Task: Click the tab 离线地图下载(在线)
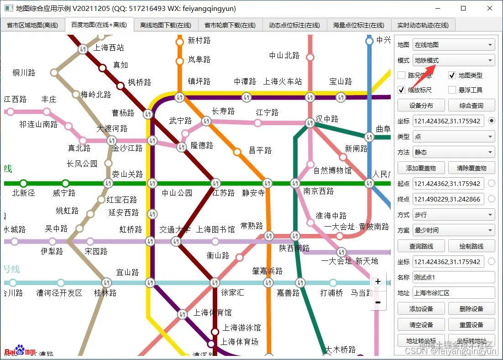165,26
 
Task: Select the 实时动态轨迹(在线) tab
423,26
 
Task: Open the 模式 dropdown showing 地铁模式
454,60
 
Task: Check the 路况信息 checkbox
402,75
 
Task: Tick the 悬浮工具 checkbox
452,90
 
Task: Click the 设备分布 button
421,106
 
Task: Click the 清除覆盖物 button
472,168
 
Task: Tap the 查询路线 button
421,246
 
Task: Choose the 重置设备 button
472,325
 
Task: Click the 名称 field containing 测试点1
454,277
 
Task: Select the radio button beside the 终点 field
492,199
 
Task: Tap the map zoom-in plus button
378,282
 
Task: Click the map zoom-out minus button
378,302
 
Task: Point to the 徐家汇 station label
232,292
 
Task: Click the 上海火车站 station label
283,81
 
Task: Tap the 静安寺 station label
253,193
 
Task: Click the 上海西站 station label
109,48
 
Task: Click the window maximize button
463,8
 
